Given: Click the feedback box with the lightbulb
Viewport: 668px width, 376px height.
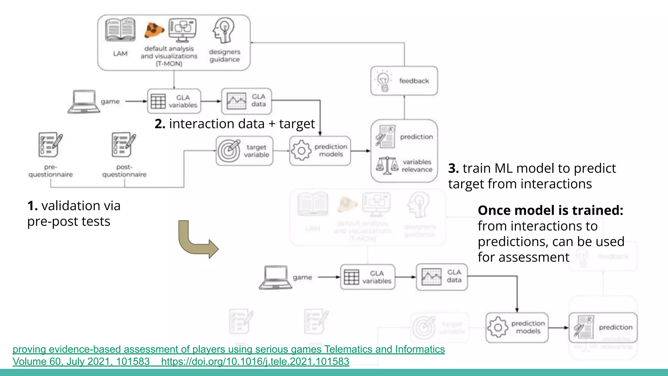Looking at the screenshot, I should (x=404, y=81).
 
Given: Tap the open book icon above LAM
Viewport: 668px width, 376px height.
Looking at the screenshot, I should (x=120, y=30).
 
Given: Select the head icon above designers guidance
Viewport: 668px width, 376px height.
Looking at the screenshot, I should (x=224, y=31).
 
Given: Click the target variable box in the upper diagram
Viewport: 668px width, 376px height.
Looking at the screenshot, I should (x=244, y=151).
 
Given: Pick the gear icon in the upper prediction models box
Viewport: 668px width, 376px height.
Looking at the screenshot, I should (x=301, y=150).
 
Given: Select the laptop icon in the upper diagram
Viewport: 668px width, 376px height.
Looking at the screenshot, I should (x=83, y=102).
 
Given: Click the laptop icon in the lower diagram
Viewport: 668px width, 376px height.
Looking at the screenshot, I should (x=276, y=277).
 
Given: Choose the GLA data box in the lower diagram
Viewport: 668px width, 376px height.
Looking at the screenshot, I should (x=442, y=277).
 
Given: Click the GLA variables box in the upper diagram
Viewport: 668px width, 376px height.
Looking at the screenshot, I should (x=174, y=101).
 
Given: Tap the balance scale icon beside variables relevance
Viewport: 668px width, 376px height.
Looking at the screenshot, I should (x=387, y=165).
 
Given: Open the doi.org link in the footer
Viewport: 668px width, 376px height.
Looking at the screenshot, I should (x=255, y=362).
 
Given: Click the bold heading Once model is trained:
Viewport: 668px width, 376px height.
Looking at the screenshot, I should (x=550, y=210).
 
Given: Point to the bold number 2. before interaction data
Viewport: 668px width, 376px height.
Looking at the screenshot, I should (x=160, y=124).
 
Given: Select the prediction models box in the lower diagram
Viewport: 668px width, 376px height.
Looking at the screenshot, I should (x=517, y=327).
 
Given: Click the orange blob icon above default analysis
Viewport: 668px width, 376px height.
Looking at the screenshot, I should (x=154, y=30).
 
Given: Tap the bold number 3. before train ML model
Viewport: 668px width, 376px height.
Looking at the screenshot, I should (x=453, y=168).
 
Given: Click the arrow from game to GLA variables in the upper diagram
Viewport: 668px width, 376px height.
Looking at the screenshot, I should (x=136, y=102).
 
